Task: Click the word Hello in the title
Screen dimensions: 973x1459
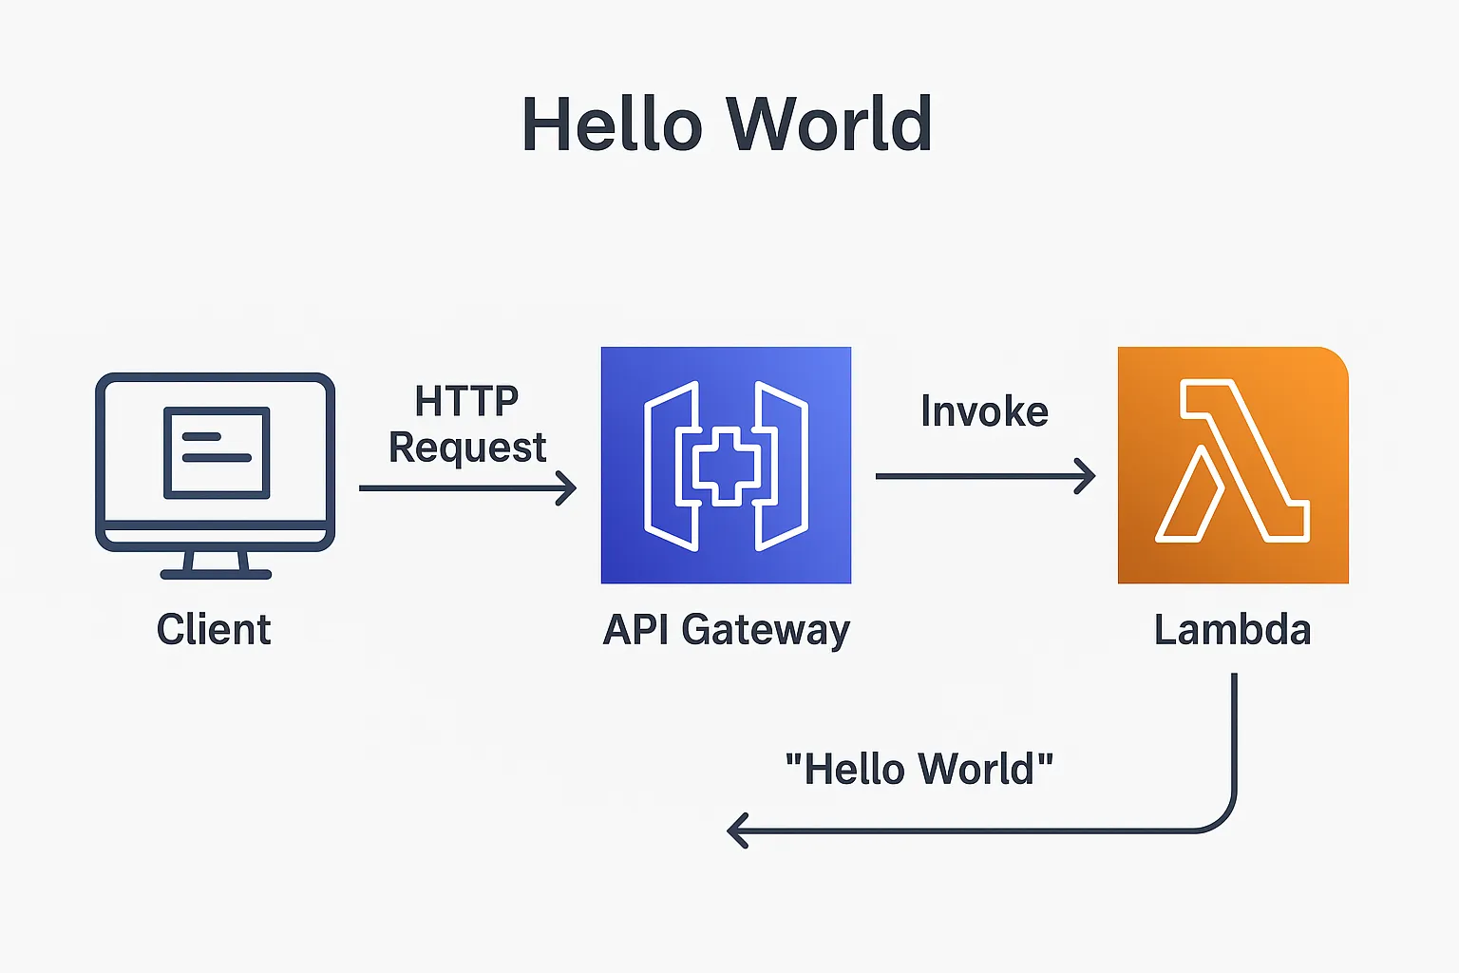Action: tap(612, 124)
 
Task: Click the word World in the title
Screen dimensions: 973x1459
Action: tap(828, 124)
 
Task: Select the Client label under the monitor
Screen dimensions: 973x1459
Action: tap(214, 630)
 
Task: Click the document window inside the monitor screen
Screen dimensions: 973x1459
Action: tap(217, 452)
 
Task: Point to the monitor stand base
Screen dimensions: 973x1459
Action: tap(216, 574)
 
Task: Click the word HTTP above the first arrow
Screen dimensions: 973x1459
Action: tap(466, 402)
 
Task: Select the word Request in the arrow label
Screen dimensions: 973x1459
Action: tap(467, 448)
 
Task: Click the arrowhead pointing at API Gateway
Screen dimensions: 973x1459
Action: tap(568, 488)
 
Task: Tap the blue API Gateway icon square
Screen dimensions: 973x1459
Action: tap(726, 465)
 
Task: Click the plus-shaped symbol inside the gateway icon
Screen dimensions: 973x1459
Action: tap(726, 466)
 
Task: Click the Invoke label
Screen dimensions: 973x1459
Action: tap(984, 411)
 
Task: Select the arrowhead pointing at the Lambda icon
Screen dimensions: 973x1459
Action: tap(1087, 476)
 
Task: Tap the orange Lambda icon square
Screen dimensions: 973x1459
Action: tap(1233, 465)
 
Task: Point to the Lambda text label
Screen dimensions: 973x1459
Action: tap(1232, 630)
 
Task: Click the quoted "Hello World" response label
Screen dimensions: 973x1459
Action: tap(919, 769)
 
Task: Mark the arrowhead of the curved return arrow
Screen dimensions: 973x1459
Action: tap(735, 830)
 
